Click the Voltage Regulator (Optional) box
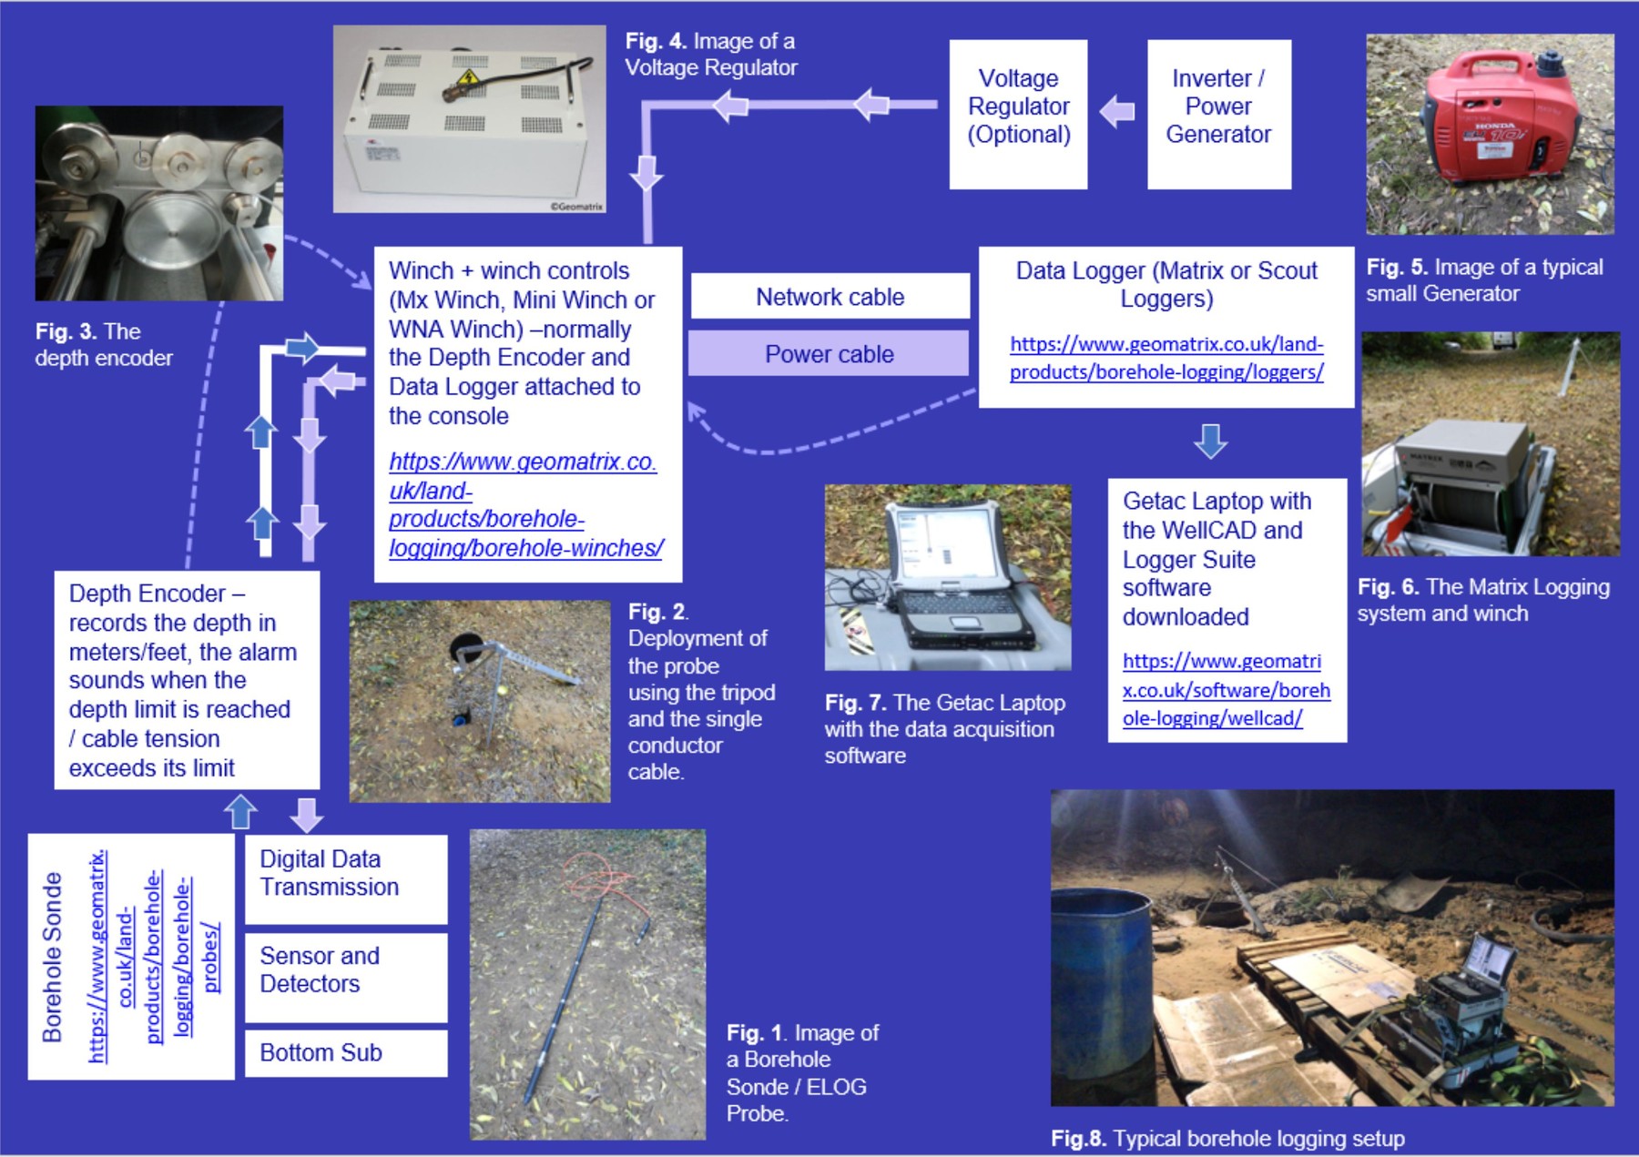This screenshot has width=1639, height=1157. pyautogui.click(x=1018, y=114)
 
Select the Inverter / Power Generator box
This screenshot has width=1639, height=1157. pyautogui.click(x=1218, y=114)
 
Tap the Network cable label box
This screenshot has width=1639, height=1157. pyautogui.click(x=830, y=297)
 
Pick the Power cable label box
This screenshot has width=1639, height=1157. pyautogui.click(x=829, y=353)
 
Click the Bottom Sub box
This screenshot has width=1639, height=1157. pyautogui.click(x=346, y=1053)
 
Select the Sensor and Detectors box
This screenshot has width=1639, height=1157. pyautogui.click(x=346, y=970)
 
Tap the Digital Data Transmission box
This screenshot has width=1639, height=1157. pyautogui.click(x=346, y=874)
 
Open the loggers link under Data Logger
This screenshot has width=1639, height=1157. pyautogui.click(x=1166, y=358)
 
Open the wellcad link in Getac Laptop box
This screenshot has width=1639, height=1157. pyautogui.click(x=1225, y=690)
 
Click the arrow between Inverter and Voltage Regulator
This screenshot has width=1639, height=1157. pyautogui.click(x=1117, y=112)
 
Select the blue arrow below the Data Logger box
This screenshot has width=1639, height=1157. pyautogui.click(x=1210, y=441)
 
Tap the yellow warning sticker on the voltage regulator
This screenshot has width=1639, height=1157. pyautogui.click(x=468, y=78)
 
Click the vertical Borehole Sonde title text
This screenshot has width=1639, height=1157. pyautogui.click(x=53, y=956)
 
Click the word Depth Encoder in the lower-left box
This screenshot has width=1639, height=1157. pyautogui.click(x=147, y=594)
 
